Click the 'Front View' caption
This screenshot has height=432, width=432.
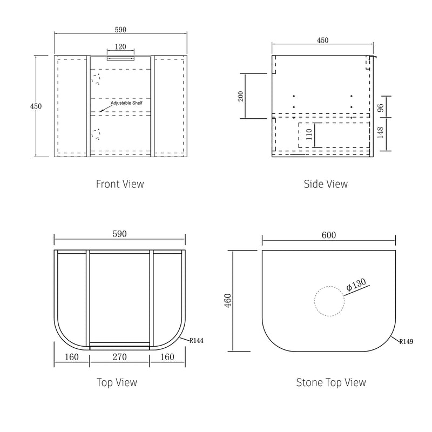pos(120,184)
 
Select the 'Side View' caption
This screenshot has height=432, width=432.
pos(326,184)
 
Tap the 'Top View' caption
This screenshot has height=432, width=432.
pos(117,382)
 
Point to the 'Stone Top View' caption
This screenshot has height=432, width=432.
pos(331,382)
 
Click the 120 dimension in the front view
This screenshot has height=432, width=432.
pos(120,46)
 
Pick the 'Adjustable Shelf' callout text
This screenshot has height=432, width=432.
pos(127,103)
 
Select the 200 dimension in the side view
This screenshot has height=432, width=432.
pos(241,96)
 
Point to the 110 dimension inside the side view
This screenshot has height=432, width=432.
pos(309,134)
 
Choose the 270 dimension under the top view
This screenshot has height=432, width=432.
pos(120,356)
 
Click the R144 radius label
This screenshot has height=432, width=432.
pos(196,341)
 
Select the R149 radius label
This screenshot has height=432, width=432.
pos(407,341)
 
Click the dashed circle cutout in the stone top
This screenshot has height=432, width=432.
pos(329,301)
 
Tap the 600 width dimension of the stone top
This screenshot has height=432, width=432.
pos(329,235)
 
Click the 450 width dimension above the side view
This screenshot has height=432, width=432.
pos(322,40)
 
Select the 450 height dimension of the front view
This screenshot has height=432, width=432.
pos(36,106)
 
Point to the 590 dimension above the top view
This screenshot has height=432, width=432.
pos(119,234)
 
